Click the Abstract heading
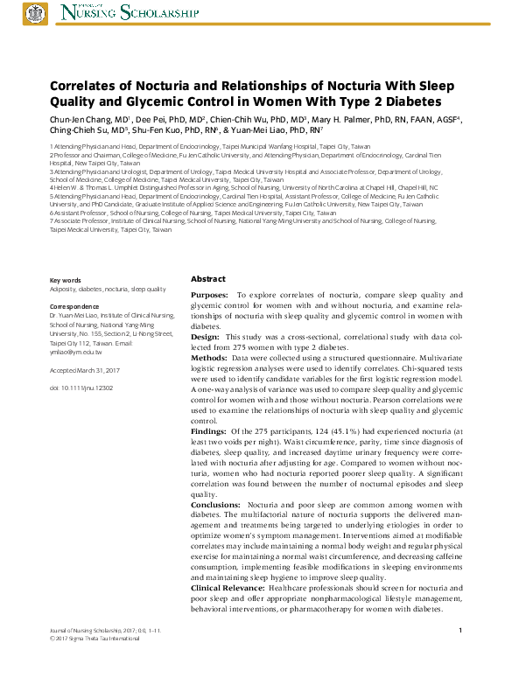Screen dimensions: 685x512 pos(207,278)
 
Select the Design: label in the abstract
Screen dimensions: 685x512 pos(205,336)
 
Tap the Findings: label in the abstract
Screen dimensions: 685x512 pos(209,432)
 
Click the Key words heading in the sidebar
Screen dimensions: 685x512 pos(66,279)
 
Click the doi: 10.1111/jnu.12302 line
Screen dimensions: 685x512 pos(81,386)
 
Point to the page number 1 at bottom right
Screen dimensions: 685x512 pos(459,631)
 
